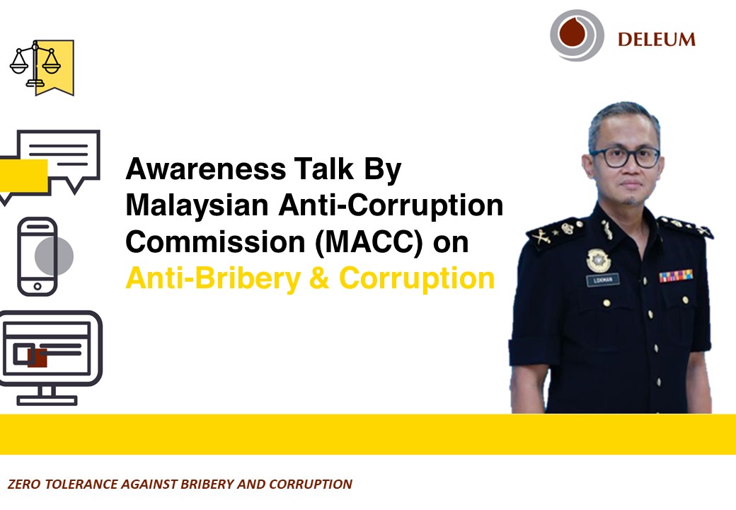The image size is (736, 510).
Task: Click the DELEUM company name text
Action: tap(656, 40)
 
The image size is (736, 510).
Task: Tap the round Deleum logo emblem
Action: tap(577, 35)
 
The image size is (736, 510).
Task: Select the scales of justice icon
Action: tap(41, 67)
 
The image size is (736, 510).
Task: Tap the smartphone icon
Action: tap(38, 256)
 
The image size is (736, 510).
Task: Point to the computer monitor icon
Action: tap(51, 358)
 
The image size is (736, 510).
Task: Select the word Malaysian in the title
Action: tap(197, 206)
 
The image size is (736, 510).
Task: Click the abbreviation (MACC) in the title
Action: tap(369, 242)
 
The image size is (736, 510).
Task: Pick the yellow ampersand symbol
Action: tap(319, 278)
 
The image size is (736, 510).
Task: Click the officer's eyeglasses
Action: tap(625, 157)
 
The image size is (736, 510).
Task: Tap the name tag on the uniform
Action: tap(603, 280)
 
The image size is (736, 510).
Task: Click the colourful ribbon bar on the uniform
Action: tap(676, 276)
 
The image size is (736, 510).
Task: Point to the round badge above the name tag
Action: tap(599, 261)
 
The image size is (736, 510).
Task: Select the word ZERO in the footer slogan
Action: tap(24, 484)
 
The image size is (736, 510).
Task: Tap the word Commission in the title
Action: tap(215, 242)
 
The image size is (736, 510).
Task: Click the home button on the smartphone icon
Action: tap(38, 286)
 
